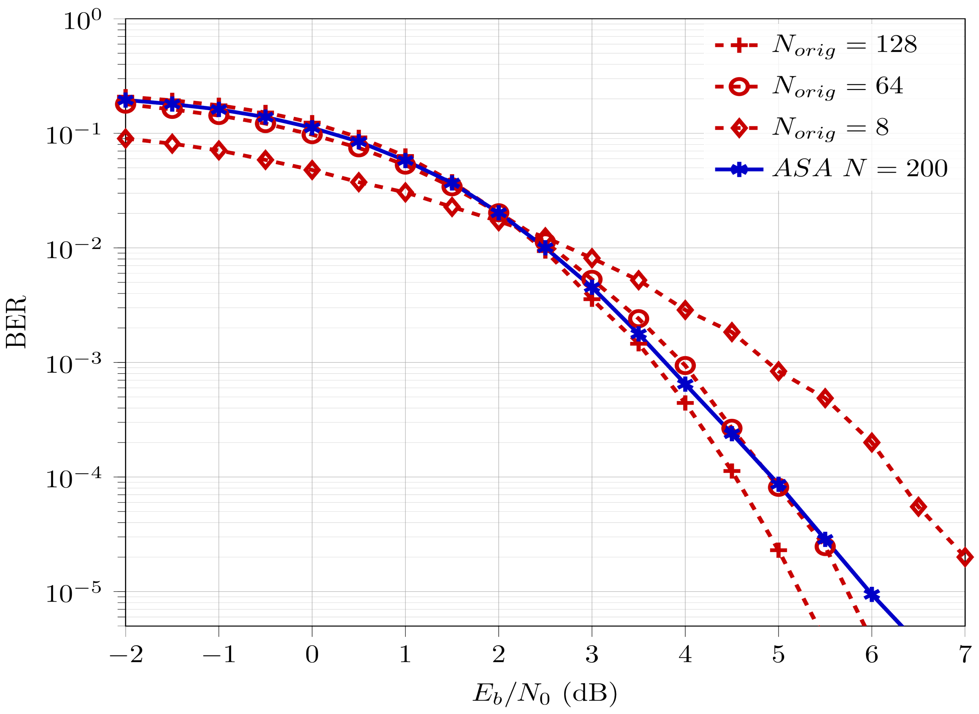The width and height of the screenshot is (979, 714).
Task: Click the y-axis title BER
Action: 17,322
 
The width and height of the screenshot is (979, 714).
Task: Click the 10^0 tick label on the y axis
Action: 82,21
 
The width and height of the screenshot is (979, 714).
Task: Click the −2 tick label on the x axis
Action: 126,655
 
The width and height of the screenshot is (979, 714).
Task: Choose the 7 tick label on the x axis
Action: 964,655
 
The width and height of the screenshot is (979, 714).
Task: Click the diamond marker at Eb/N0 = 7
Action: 964,557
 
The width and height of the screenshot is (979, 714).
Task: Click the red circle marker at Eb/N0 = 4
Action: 685,366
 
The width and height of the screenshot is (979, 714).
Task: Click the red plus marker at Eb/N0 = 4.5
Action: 732,471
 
